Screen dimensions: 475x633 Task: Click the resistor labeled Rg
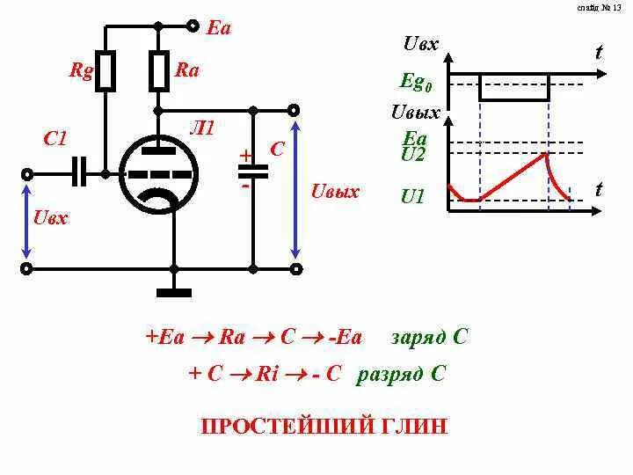pyautogui.click(x=105, y=70)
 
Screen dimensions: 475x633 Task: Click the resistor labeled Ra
pyautogui.click(x=158, y=70)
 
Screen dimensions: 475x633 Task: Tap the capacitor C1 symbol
pyautogui.click(x=80, y=173)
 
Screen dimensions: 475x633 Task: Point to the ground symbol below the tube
pyautogui.click(x=173, y=290)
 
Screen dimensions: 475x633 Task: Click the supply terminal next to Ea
pyautogui.click(x=193, y=26)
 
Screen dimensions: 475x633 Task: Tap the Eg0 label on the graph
pyautogui.click(x=416, y=83)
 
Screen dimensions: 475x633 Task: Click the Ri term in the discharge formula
pyautogui.click(x=267, y=374)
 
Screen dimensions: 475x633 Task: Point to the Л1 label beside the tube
pyautogui.click(x=202, y=128)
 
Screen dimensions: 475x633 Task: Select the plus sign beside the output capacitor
pyautogui.click(x=246, y=156)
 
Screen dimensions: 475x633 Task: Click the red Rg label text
pyautogui.click(x=82, y=70)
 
